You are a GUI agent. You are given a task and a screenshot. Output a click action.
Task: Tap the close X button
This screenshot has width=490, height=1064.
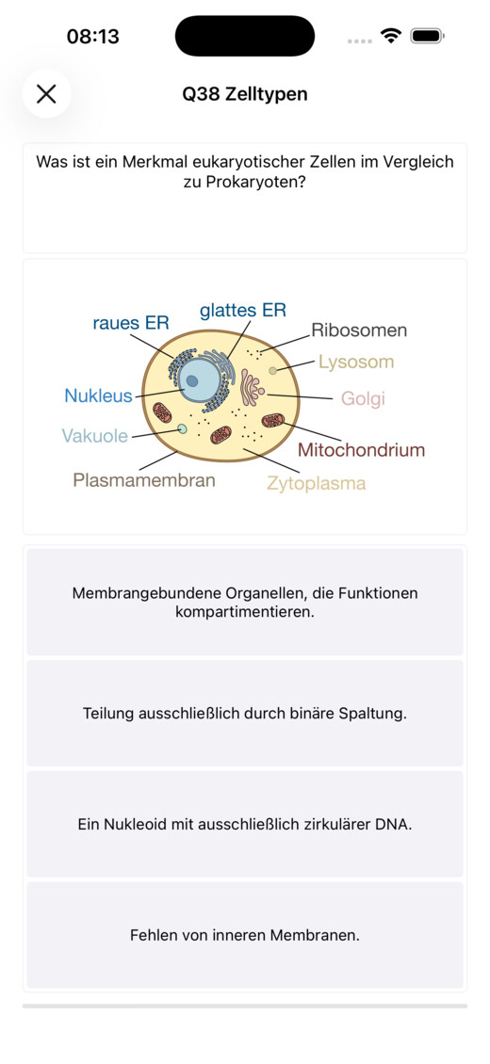click(x=46, y=93)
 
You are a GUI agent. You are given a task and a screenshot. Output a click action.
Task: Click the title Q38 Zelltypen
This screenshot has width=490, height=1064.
click(x=244, y=94)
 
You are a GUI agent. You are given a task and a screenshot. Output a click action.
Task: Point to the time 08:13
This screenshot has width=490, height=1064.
click(x=93, y=36)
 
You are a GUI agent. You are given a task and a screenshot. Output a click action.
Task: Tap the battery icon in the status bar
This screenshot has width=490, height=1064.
click(x=427, y=36)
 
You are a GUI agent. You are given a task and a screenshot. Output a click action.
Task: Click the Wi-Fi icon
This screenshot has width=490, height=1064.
click(x=391, y=36)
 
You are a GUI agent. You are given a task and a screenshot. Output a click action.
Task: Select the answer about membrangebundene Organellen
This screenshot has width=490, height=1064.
click(x=245, y=602)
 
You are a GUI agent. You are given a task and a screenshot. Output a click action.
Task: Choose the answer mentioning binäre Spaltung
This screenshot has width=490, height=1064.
click(x=245, y=713)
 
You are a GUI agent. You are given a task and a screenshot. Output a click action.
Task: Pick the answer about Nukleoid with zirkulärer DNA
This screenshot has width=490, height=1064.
click(x=245, y=825)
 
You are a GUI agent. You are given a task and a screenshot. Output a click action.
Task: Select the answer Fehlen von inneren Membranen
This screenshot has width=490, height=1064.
click(x=245, y=935)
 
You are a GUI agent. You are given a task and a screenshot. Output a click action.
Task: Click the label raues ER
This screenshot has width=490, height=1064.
click(x=131, y=323)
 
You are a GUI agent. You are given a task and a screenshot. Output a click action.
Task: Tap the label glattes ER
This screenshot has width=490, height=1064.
click(x=243, y=311)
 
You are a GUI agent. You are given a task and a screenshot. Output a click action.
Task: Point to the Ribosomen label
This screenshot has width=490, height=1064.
click(x=359, y=330)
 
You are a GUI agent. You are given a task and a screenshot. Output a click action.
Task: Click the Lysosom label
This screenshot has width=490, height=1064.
click(x=356, y=363)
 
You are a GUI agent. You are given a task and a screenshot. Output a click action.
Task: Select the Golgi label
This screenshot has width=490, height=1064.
click(x=363, y=398)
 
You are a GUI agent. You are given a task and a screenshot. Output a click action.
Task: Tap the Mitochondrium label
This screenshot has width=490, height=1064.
click(x=361, y=450)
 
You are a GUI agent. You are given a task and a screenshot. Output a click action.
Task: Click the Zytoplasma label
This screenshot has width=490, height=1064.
click(x=317, y=484)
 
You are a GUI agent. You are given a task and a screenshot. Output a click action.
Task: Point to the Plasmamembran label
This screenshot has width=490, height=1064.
click(x=144, y=480)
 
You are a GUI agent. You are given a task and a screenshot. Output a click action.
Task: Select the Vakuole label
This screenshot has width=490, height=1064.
click(x=95, y=436)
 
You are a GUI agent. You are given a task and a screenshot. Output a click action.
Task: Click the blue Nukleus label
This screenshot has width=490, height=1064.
click(x=98, y=395)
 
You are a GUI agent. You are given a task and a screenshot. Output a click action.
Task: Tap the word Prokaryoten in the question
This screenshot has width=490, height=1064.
click(x=245, y=184)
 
